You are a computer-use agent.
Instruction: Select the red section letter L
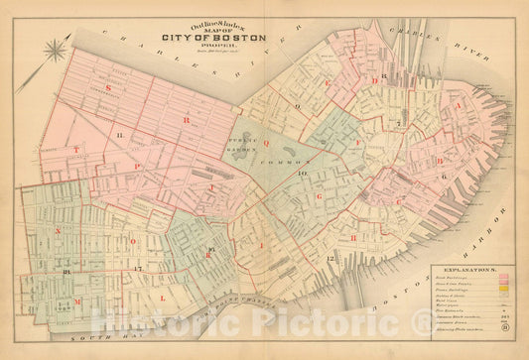click(163, 297)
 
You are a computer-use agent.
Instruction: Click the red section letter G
click(320, 197)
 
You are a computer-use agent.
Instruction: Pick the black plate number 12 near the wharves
click(329, 260)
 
